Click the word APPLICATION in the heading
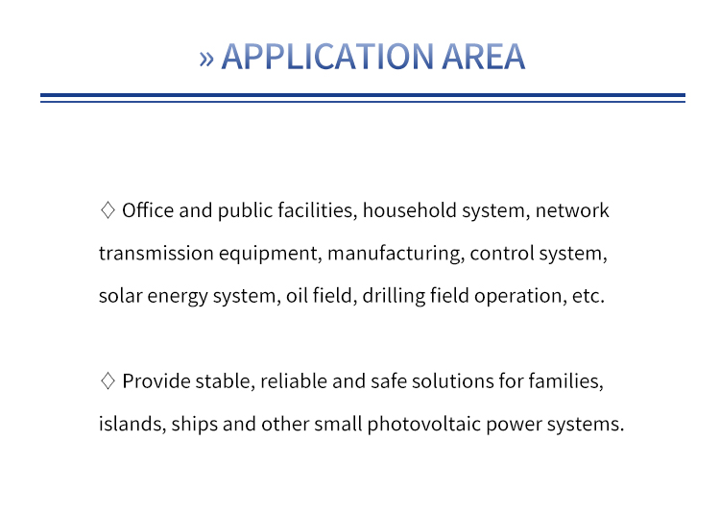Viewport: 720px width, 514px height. coord(327,57)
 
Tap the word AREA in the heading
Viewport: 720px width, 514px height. coord(484,57)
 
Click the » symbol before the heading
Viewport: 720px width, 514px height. coord(206,59)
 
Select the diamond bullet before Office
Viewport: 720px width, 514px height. coord(108,209)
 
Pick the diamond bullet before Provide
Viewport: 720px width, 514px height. coord(108,380)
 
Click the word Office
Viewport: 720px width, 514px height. coord(148,210)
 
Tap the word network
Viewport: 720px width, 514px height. coord(572,210)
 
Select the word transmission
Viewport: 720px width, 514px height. coord(156,253)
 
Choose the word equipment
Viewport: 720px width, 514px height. coord(271,254)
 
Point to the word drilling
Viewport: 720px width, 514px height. coord(394,296)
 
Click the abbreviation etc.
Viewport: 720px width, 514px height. coord(588,296)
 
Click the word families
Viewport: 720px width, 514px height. coord(565,381)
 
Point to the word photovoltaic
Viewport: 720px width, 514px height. coord(423,425)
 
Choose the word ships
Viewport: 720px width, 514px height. coord(195,425)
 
